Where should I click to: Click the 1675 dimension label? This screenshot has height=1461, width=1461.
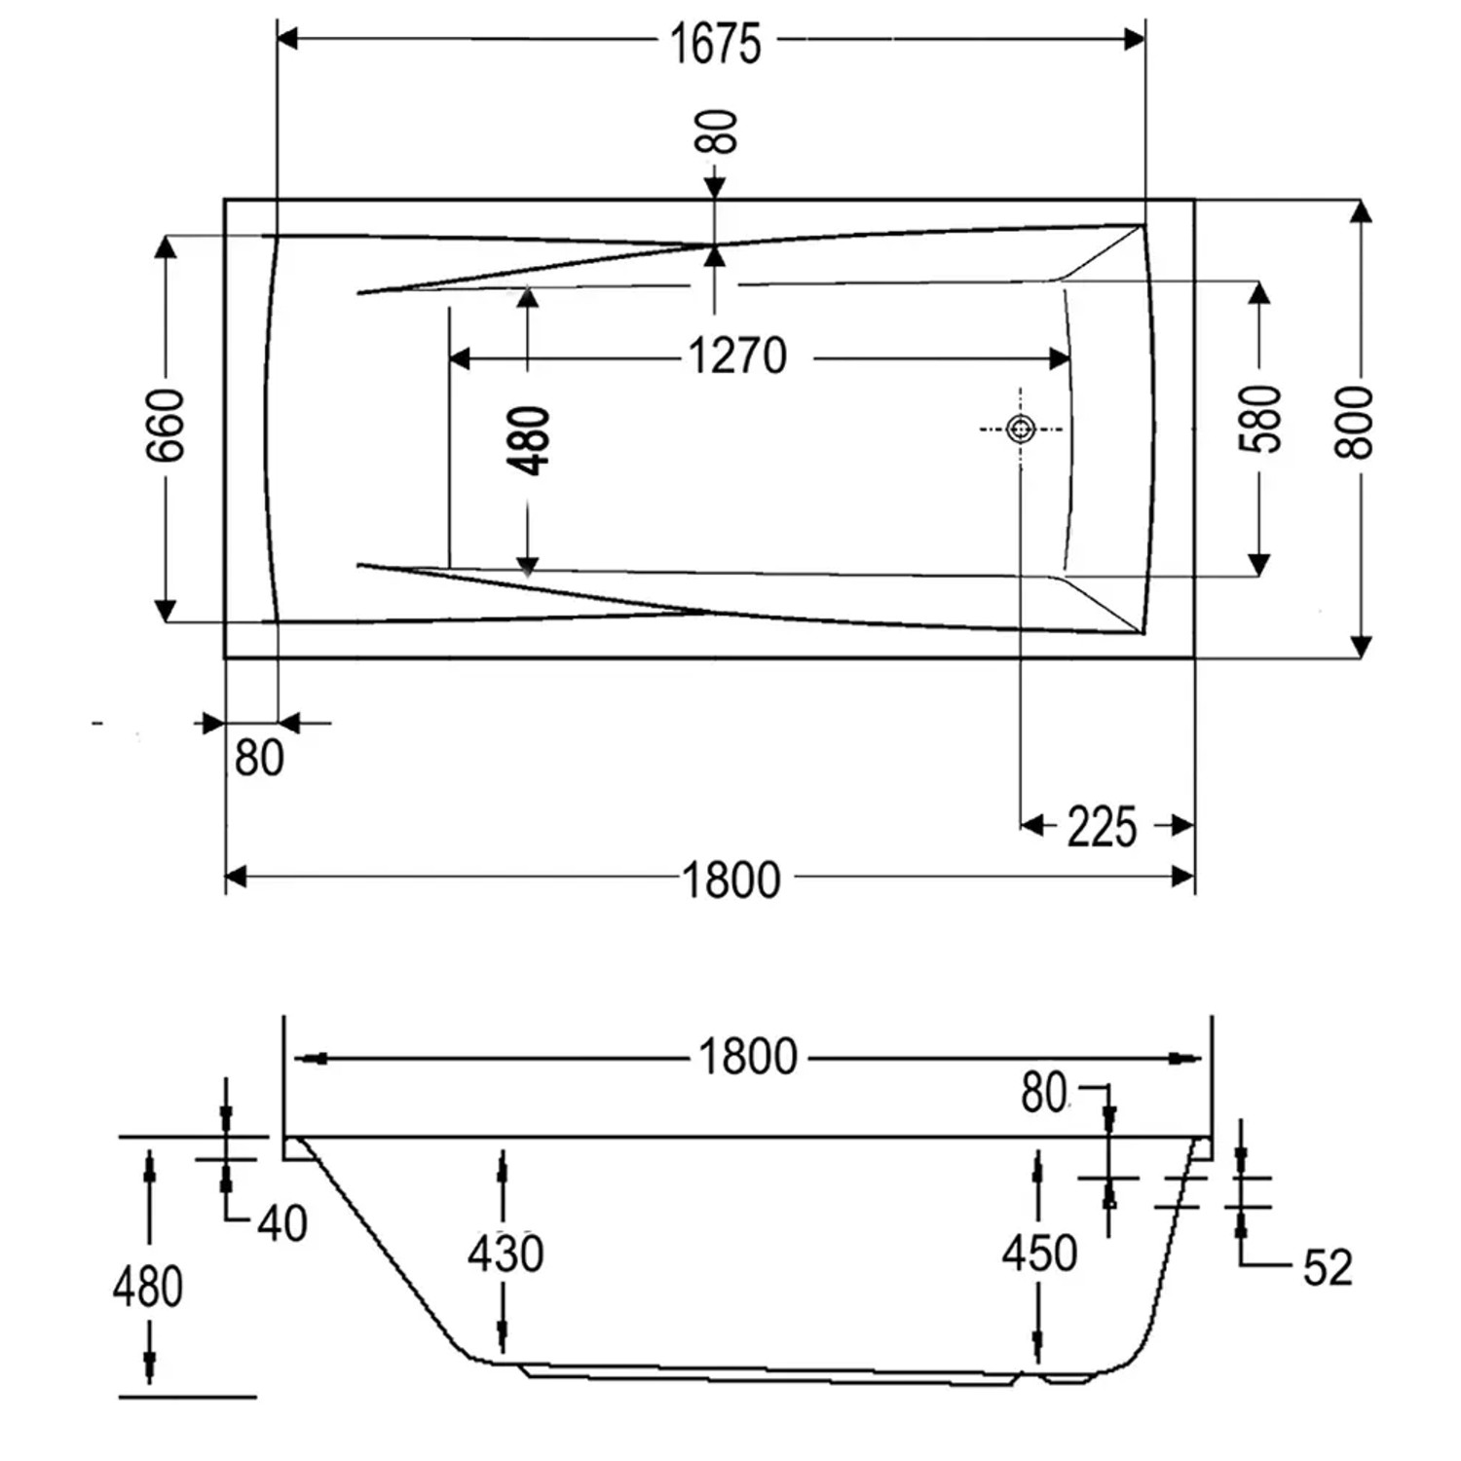click(x=716, y=44)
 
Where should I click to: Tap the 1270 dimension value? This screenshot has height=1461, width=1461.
click(x=737, y=356)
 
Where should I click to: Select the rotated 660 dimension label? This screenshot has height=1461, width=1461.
click(x=167, y=425)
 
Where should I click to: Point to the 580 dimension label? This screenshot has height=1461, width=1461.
click(x=1260, y=419)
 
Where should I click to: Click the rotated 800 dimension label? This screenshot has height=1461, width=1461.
click(x=1354, y=422)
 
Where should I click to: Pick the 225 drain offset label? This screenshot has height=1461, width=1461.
click(x=1102, y=828)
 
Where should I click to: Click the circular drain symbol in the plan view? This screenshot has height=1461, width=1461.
click(x=1021, y=429)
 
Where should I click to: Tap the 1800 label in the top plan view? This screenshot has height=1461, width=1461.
click(x=731, y=880)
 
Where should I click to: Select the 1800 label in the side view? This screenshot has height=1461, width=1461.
click(x=748, y=1057)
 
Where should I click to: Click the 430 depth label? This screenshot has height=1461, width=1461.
click(x=506, y=1254)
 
